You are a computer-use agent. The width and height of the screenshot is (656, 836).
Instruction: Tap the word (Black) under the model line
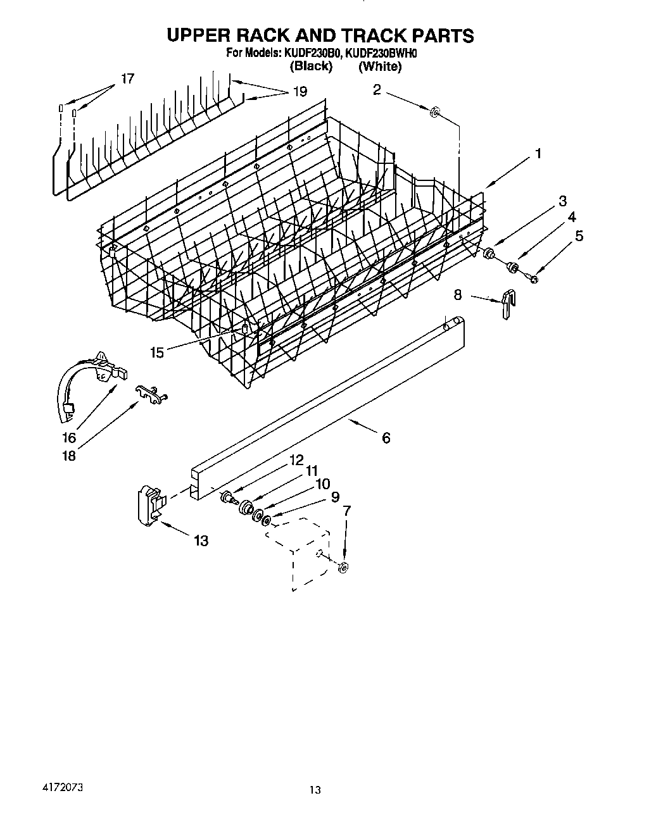311,66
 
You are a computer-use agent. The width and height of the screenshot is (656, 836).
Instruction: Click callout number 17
127,79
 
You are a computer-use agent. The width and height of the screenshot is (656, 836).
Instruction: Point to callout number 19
300,92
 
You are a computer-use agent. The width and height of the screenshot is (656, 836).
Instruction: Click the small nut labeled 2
434,113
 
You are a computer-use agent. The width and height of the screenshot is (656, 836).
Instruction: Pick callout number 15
157,352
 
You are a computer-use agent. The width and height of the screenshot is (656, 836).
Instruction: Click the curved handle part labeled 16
89,380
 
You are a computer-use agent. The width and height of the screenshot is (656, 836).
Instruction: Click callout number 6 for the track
386,437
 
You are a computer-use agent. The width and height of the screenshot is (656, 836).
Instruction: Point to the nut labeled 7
343,566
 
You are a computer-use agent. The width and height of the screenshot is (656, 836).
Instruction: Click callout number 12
296,460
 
